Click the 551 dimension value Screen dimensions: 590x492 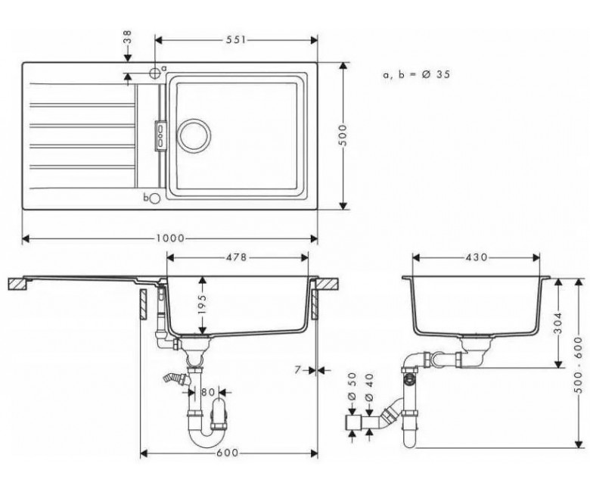click(236, 40)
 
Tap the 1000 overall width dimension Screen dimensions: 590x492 click(170, 238)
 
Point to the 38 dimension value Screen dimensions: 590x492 click(128, 38)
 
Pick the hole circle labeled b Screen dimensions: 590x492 click(155, 198)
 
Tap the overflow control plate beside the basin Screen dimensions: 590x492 click(160, 136)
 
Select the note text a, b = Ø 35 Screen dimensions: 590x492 click(416, 74)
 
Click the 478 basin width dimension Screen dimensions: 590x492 click(236, 257)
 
